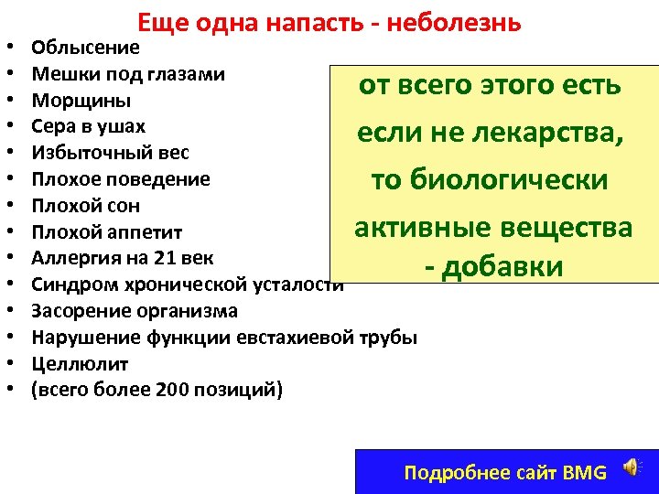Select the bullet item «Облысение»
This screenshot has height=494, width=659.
click(85, 48)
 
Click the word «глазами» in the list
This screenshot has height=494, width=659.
click(189, 73)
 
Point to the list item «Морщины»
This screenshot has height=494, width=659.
click(81, 100)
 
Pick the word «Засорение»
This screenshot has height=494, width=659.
click(78, 311)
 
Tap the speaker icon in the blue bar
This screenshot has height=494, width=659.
click(632, 469)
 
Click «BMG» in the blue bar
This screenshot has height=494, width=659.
click(586, 473)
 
